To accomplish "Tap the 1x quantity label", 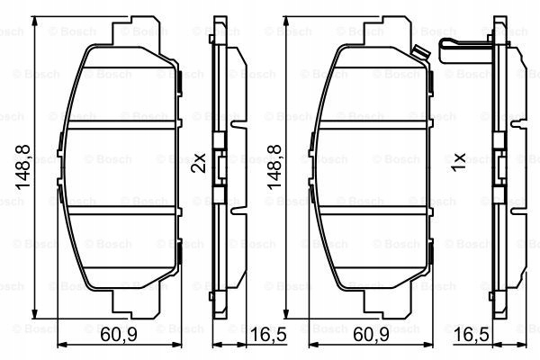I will point(458,163).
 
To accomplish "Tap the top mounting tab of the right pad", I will point(378,31).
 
